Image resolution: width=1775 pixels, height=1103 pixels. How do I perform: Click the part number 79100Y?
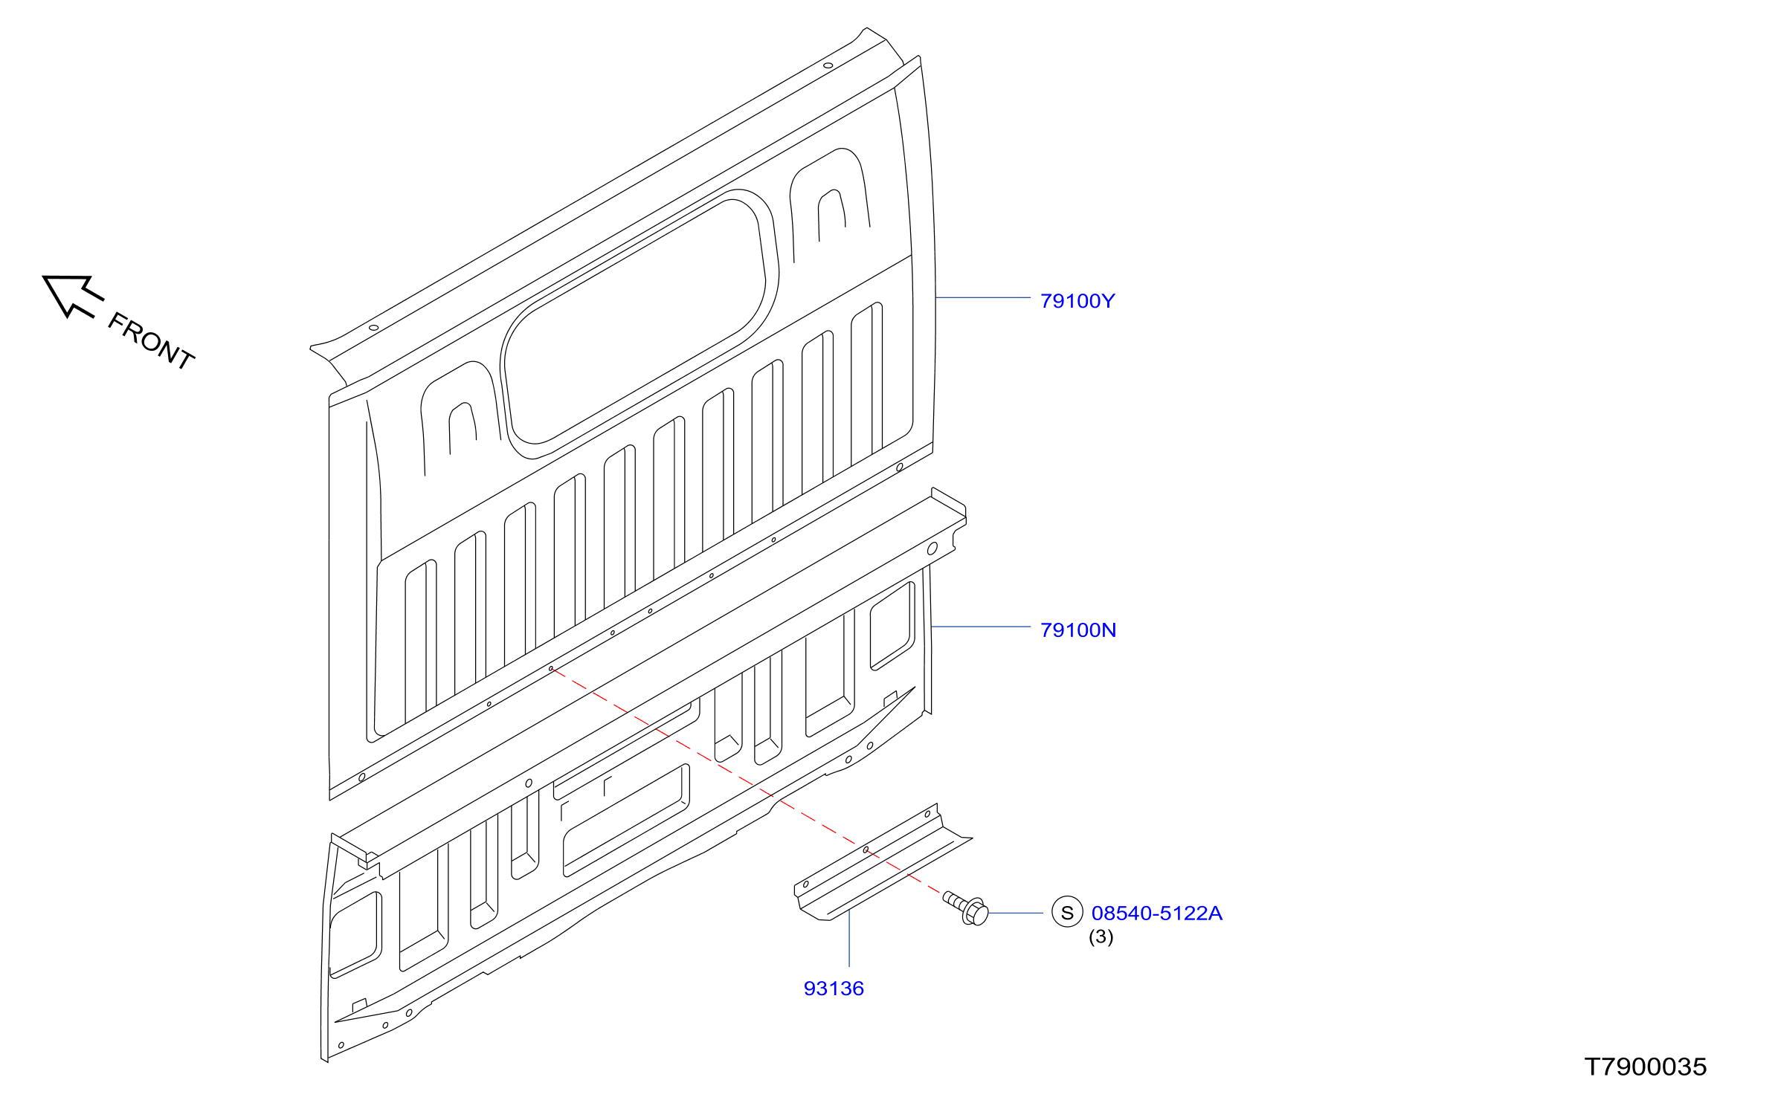coord(1077,301)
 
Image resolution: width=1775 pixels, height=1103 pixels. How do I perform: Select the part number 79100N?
coord(1077,630)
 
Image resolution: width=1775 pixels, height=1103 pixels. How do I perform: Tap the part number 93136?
coord(834,989)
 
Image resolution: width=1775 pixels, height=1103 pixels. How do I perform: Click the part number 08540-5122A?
coord(1156,913)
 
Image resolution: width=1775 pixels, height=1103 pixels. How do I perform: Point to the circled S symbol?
coord(1067,912)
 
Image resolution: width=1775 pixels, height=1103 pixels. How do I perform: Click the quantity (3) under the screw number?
coord(1101,937)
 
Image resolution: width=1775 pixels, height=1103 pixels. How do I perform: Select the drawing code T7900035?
coord(1645,1067)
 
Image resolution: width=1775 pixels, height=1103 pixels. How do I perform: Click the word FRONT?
coord(151,340)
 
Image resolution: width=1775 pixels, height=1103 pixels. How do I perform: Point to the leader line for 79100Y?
coord(983,297)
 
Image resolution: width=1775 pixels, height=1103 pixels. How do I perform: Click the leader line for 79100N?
coord(981,627)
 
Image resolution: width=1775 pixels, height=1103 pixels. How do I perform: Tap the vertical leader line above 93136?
coord(849,938)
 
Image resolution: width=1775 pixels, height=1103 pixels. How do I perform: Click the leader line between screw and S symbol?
coord(1016,913)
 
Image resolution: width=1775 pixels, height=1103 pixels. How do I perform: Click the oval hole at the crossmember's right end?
coord(932,549)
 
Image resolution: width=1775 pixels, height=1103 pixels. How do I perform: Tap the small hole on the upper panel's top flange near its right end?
coord(828,65)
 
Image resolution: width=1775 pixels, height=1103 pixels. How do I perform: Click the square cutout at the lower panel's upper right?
coord(892,626)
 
